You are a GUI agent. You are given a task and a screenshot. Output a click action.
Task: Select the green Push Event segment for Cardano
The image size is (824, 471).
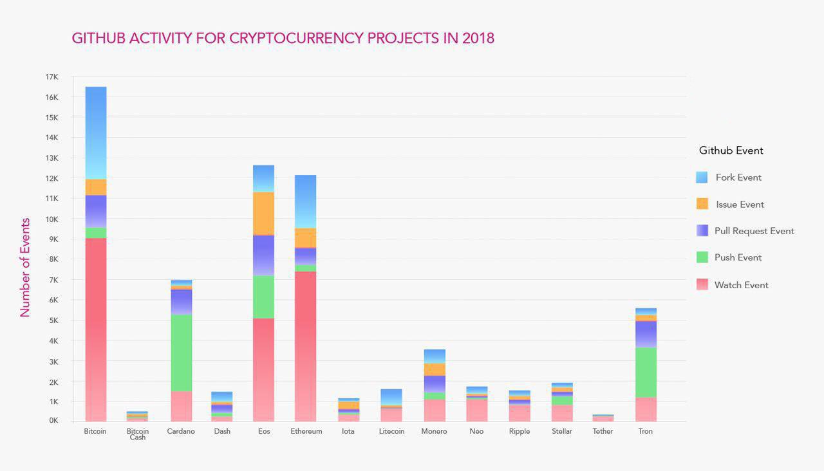click(181, 353)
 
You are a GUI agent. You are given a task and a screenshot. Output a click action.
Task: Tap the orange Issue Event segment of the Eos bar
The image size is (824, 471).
click(263, 214)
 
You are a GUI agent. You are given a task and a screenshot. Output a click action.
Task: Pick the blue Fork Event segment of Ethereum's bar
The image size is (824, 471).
click(305, 201)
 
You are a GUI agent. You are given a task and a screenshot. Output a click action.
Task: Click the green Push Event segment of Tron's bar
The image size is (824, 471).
click(646, 373)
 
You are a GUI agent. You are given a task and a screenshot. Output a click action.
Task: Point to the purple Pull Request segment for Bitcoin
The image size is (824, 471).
click(96, 211)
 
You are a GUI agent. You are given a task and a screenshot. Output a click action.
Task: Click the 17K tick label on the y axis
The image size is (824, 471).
click(51, 77)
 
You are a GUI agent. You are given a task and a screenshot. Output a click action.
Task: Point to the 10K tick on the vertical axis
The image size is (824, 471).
click(51, 219)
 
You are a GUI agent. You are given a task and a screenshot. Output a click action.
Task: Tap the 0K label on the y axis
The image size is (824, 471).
click(52, 421)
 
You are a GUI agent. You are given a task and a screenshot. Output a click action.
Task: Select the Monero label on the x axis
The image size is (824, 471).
click(434, 431)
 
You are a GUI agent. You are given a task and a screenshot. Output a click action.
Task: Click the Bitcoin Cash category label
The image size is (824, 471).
click(137, 434)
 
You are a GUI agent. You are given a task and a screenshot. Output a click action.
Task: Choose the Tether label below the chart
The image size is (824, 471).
click(603, 431)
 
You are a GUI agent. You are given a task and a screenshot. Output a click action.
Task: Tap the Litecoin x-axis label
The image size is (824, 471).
click(391, 431)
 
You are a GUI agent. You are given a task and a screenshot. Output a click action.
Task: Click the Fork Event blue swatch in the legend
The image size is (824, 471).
click(702, 178)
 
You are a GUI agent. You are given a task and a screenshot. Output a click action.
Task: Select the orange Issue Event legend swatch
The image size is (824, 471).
click(702, 204)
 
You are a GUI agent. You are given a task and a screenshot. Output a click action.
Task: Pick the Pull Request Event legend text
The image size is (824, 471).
click(754, 231)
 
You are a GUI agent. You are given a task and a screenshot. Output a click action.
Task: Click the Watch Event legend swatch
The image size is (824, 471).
click(702, 284)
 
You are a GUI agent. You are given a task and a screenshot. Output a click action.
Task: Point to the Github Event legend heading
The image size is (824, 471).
click(731, 151)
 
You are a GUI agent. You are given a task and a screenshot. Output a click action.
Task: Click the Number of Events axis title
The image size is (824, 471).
click(25, 268)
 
